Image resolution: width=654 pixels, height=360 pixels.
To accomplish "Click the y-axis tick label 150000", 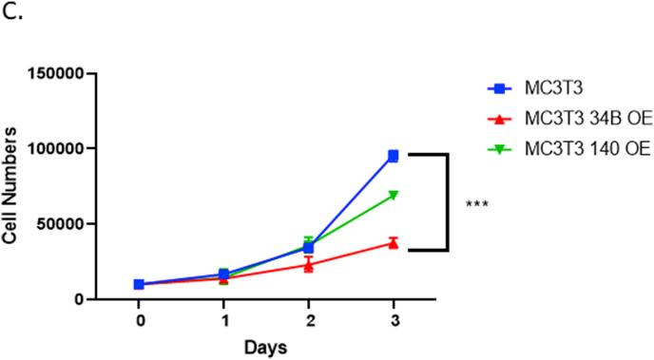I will [58, 74].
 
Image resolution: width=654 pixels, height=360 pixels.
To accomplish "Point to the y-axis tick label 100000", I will [58, 149].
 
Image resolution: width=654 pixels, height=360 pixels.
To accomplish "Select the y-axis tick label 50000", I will [62, 224].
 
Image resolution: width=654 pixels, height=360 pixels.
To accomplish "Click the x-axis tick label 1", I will [223, 321].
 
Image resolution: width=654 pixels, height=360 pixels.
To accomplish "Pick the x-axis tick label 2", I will [308, 321].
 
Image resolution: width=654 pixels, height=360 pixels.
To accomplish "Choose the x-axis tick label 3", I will [393, 321].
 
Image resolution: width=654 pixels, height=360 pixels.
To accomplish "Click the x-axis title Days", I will [265, 347].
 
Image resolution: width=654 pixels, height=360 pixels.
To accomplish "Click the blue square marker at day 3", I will [393, 156].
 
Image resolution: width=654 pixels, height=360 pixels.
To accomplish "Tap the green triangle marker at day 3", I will [393, 196].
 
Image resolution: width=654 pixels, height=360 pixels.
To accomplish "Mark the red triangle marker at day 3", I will [393, 243].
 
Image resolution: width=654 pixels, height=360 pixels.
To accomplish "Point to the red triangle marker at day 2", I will [308, 265].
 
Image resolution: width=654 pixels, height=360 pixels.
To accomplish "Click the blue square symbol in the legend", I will [495, 89].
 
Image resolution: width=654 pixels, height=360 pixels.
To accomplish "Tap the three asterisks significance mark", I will [476, 204].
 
